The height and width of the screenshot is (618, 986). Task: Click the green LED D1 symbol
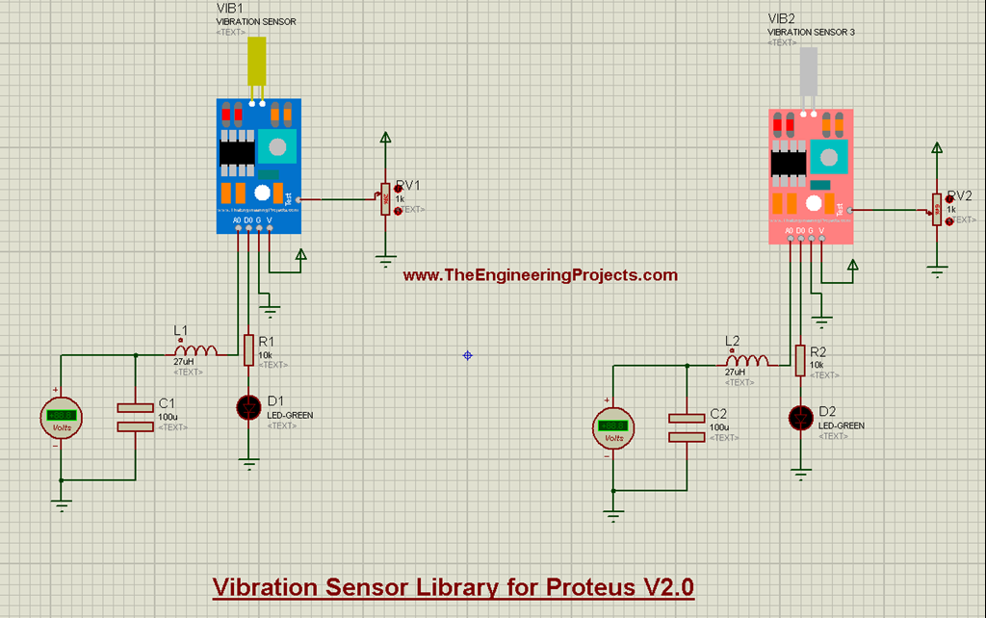tap(249, 408)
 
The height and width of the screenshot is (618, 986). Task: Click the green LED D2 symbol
tap(800, 418)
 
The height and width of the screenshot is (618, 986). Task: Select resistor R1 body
tap(249, 350)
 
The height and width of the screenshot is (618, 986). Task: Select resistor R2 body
tap(800, 360)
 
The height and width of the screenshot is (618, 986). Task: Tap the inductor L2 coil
tap(748, 360)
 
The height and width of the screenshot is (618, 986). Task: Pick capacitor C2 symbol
tap(687, 426)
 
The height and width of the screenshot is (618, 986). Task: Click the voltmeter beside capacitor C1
tap(61, 418)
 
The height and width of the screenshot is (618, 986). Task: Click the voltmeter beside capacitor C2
tap(612, 427)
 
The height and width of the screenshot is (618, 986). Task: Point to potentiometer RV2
tap(937, 209)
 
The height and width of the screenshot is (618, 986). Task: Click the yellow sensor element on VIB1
tap(256, 64)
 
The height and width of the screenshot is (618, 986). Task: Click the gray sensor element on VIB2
tap(808, 72)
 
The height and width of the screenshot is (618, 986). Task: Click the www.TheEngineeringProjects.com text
tap(539, 275)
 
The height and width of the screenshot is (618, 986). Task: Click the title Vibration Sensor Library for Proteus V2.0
tap(453, 586)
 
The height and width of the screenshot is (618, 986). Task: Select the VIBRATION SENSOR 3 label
tap(811, 32)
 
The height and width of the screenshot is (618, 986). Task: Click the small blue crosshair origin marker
tap(468, 355)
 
